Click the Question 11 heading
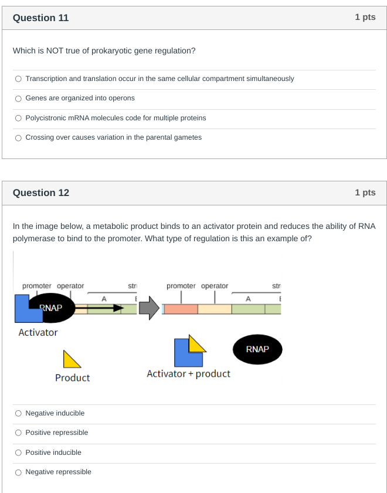[40, 18]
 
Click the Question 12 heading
[40, 193]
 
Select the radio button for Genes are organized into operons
[19, 98]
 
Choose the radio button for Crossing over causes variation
[19, 137]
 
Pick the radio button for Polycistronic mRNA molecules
[19, 118]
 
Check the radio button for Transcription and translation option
[19, 79]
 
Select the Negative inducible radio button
[19, 413]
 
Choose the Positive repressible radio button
[19, 433]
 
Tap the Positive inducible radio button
[19, 453]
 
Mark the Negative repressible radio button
[19, 472]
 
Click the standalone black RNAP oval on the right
[257, 349]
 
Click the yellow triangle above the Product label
[71, 359]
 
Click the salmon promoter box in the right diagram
[180, 309]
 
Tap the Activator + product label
[188, 374]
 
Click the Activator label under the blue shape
[38, 332]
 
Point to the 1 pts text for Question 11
[365, 18]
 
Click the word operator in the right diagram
[215, 286]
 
